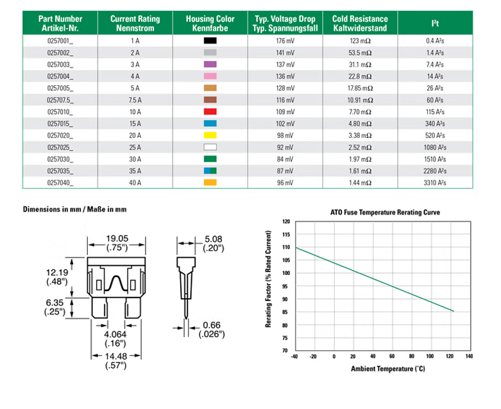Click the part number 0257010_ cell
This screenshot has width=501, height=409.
pos(60,112)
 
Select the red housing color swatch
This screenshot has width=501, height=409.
pos(210,112)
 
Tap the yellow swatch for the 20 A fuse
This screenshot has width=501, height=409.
pos(210,135)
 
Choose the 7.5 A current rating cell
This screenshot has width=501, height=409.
pos(135,100)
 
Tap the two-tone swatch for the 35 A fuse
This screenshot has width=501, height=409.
pos(210,171)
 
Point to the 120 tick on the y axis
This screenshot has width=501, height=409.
pos(286,221)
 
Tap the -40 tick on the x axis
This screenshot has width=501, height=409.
pos(294,356)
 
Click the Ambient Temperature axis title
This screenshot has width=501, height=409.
pos(387,369)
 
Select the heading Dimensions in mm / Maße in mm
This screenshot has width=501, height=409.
pos(74,210)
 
